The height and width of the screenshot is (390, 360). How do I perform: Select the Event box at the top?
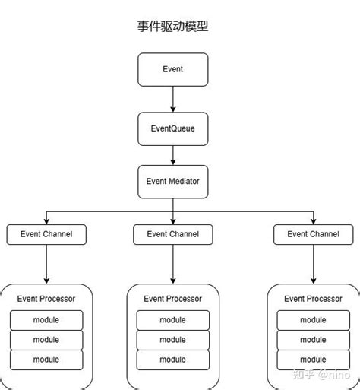[x=172, y=69]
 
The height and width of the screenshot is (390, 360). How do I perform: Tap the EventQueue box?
[x=172, y=128]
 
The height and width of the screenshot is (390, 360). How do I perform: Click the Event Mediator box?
[x=172, y=182]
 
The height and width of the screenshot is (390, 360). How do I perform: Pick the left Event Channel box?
[x=46, y=234]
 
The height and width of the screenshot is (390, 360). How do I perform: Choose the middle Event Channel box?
[x=172, y=234]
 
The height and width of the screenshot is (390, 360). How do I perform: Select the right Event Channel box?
[x=313, y=234]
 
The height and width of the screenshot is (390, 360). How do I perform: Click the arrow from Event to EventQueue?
[x=173, y=99]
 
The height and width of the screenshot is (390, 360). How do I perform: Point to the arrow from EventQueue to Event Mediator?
[x=173, y=155]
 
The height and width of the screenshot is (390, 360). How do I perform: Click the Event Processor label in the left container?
[x=46, y=299]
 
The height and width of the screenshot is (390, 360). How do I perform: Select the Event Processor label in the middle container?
[x=172, y=299]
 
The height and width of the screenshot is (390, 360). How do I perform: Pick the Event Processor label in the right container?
[x=313, y=299]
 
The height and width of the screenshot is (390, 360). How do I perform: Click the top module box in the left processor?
[x=46, y=320]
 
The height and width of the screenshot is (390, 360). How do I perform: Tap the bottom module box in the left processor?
[x=46, y=359]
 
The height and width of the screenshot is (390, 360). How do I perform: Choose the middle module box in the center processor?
[x=172, y=340]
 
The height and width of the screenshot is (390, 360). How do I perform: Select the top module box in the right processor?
[x=313, y=320]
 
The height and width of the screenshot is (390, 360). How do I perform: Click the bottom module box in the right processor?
[x=313, y=359]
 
